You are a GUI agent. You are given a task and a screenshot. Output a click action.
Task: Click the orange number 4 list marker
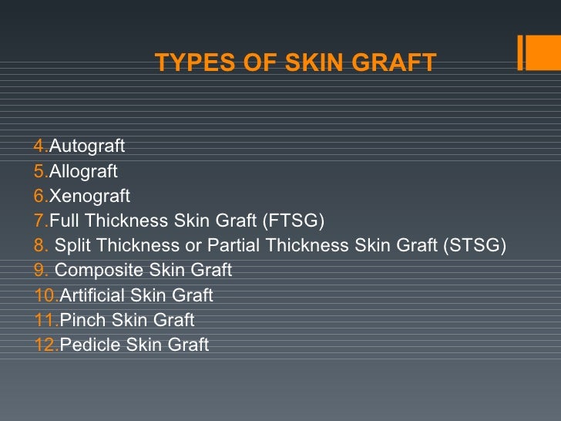[40, 146]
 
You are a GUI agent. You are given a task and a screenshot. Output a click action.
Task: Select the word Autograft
[87, 146]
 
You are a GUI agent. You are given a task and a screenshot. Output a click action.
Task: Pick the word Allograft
[83, 171]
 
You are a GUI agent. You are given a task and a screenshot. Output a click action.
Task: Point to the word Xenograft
[89, 196]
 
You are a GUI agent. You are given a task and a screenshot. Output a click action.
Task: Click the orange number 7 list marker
[40, 221]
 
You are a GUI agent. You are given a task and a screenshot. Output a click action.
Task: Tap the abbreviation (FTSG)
[293, 221]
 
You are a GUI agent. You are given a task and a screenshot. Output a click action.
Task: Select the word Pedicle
[87, 345]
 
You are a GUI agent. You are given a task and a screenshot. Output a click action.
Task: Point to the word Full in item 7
[64, 221]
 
